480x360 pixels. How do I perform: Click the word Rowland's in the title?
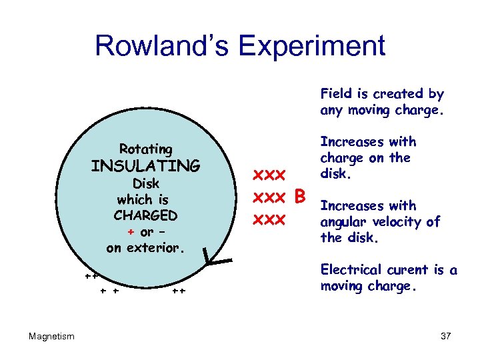[x=162, y=46]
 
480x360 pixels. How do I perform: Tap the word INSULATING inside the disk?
[x=145, y=165]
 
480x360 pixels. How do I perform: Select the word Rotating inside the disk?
[x=145, y=149]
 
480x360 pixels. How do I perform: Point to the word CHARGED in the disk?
[x=145, y=215]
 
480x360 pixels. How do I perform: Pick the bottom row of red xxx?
[x=270, y=219]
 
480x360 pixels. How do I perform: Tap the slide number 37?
[x=446, y=336]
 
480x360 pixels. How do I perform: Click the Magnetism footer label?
[x=52, y=336]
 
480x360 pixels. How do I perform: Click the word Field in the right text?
[x=337, y=94]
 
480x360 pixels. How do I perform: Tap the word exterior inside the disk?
[x=157, y=248]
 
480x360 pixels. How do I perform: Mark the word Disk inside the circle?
[x=145, y=183]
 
